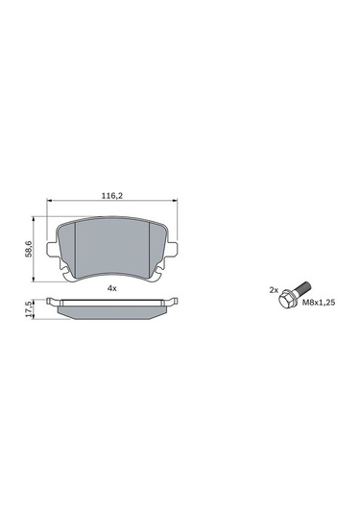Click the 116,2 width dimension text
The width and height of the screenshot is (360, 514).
pos(111,196)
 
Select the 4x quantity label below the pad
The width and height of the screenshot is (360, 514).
pos(111,288)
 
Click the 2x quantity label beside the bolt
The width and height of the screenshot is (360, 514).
pos(273,289)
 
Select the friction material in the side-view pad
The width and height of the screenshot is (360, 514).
pos(111,311)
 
